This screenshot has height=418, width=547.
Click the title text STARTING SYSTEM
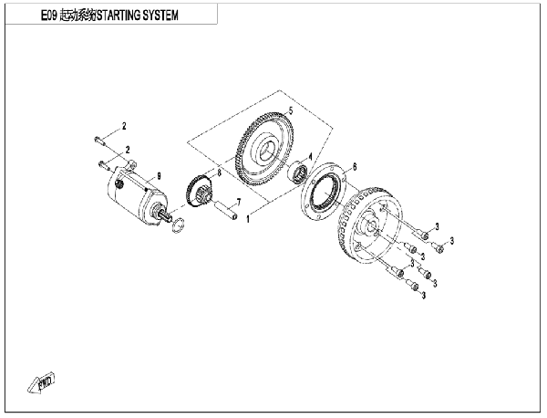click(x=137, y=16)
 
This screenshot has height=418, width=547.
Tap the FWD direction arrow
click(x=41, y=383)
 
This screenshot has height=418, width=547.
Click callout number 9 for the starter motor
click(x=159, y=176)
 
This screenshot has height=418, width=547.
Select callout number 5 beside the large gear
click(x=291, y=111)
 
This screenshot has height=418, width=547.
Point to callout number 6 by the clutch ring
click(x=355, y=167)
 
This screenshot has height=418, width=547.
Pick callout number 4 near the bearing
click(x=310, y=156)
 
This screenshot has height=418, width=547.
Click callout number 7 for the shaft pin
click(x=239, y=202)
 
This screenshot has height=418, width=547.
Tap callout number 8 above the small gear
click(x=219, y=172)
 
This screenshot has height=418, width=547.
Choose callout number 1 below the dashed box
click(x=248, y=219)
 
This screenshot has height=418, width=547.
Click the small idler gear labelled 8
click(x=198, y=193)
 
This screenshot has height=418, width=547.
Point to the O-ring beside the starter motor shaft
click(x=179, y=225)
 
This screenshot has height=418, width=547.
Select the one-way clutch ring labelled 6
click(x=323, y=192)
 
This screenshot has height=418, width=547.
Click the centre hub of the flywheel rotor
click(x=370, y=226)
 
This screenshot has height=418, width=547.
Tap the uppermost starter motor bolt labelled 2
click(x=98, y=141)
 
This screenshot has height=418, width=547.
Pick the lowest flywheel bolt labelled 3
click(x=412, y=285)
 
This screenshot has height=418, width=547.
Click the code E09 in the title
click(x=49, y=16)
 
